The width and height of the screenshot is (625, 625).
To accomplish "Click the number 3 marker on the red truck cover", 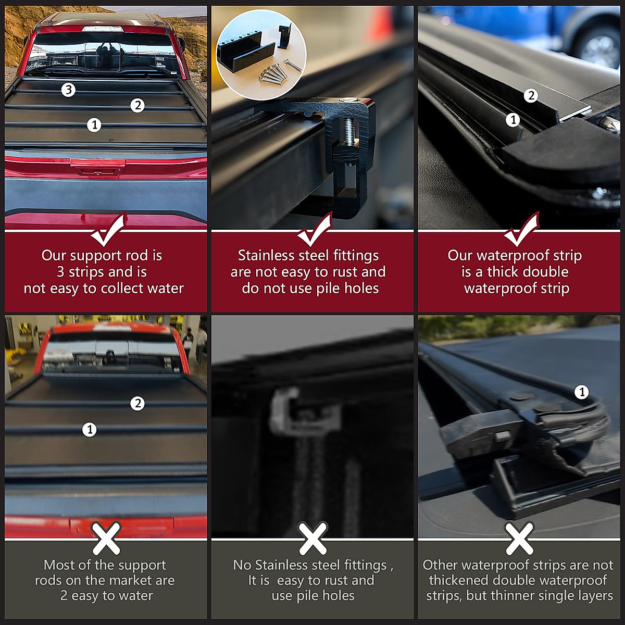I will (68, 90).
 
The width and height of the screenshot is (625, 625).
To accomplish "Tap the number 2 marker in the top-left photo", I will (137, 105).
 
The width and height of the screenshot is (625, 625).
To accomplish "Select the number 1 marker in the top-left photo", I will (94, 125).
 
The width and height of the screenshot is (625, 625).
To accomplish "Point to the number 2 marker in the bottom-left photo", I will (137, 403).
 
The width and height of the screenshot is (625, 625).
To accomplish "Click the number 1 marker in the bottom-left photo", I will (90, 430).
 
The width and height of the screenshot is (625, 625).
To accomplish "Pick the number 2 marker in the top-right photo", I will (531, 96).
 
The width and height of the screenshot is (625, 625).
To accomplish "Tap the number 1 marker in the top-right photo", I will (513, 120).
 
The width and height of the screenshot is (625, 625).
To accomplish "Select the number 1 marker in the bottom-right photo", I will (582, 392).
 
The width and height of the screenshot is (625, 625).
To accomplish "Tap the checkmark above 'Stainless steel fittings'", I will (315, 230).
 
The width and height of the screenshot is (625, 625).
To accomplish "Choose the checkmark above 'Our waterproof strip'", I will (521, 230).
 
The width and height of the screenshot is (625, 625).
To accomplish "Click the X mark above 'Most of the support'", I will (106, 539).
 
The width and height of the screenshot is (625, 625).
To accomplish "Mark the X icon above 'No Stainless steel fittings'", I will (313, 539).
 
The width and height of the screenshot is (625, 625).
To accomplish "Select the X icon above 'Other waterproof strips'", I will (520, 539).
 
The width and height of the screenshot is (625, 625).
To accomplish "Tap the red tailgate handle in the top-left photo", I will (98, 166).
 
